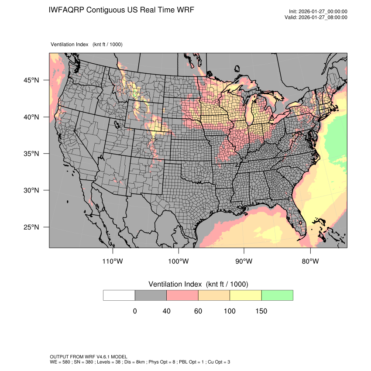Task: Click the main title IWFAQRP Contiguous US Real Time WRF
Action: pos(121,10)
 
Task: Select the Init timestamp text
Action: pos(318,12)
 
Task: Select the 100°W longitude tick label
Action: pos(179,261)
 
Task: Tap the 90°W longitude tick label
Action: pos(244,261)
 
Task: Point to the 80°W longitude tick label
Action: pos(310,261)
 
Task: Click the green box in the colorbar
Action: pos(277,295)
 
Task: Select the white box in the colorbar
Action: pos(119,295)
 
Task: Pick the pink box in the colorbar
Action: pos(182,295)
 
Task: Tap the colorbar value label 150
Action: pos(261,311)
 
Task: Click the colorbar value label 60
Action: pos(198,311)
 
